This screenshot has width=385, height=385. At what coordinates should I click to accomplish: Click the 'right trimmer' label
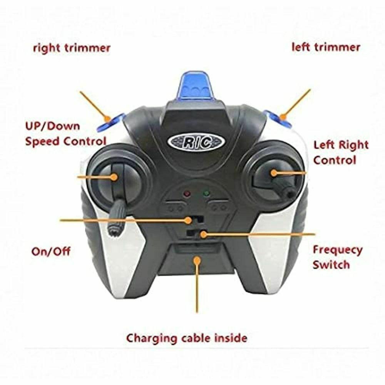coord(72,48)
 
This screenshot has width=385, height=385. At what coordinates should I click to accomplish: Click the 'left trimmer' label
coord(326,47)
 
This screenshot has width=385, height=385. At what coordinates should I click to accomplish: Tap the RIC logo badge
coord(196,142)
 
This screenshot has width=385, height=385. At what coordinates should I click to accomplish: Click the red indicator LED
coord(187,194)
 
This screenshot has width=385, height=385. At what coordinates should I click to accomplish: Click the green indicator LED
coord(206,194)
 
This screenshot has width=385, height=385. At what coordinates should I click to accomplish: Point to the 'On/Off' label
coord(51,251)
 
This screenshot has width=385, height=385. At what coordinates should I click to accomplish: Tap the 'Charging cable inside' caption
coord(187,338)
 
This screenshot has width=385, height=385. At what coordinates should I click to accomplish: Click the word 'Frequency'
coord(338,250)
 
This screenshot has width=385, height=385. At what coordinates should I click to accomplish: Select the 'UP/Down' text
coord(52,126)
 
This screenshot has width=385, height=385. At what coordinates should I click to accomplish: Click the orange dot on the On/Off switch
coord(188,220)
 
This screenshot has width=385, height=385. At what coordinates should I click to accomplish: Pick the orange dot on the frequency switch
coord(203,234)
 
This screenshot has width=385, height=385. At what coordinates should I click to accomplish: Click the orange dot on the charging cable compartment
coord(197,260)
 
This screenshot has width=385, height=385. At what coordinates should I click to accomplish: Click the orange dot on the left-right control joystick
coord(274,172)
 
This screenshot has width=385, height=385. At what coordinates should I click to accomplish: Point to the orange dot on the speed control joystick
coord(114,177)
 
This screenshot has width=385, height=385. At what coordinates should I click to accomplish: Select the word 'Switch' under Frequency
coord(331,265)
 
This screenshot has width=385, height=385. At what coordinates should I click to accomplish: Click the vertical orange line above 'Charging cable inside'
coord(197,287)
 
